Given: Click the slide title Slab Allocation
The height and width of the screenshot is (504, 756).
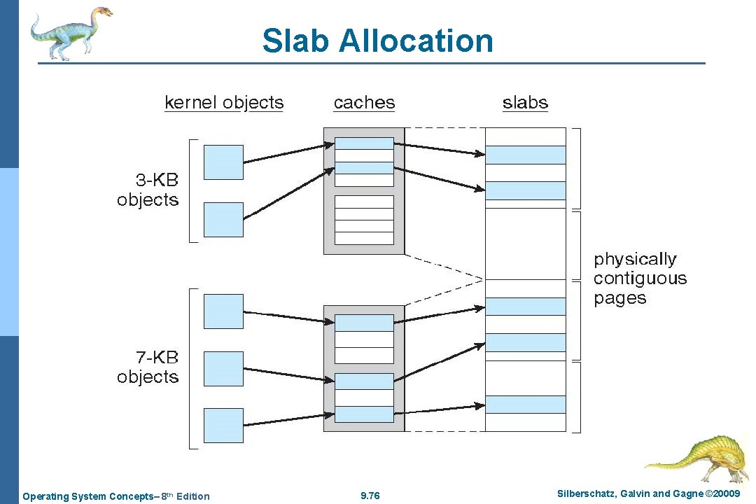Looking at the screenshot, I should click(x=377, y=41).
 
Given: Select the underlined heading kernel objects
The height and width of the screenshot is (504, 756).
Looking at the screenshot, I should click(x=224, y=103).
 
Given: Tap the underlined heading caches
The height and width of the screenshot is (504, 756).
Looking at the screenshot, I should click(x=364, y=103).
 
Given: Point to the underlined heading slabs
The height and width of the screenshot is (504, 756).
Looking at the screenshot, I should click(x=525, y=103).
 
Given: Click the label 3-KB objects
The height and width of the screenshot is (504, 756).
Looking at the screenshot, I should click(x=148, y=190).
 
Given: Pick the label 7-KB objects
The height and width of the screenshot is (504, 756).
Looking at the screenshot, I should click(x=148, y=367).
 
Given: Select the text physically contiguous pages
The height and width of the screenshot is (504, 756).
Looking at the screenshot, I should click(x=640, y=279).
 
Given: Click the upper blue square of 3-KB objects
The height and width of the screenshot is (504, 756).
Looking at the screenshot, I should click(x=223, y=162).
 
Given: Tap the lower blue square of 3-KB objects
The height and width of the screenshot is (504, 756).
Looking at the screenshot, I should click(x=223, y=219).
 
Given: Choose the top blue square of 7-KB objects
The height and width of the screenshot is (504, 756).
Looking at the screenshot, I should click(x=223, y=311).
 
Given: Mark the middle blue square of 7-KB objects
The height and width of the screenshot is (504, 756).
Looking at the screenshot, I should click(x=223, y=369).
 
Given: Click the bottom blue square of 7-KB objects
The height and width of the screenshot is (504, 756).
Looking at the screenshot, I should click(x=223, y=426).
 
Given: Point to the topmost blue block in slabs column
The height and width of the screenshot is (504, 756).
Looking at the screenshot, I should click(x=525, y=155).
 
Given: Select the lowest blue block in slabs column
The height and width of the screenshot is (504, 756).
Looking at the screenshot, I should click(x=525, y=405).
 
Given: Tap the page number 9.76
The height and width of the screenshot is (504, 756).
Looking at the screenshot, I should click(x=370, y=496).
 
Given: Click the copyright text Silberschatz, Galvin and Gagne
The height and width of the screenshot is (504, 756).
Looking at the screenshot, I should click(x=647, y=494).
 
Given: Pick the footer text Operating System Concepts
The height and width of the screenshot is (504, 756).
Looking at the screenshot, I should click(x=115, y=496).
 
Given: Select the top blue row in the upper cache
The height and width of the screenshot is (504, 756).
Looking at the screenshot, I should click(x=364, y=143).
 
